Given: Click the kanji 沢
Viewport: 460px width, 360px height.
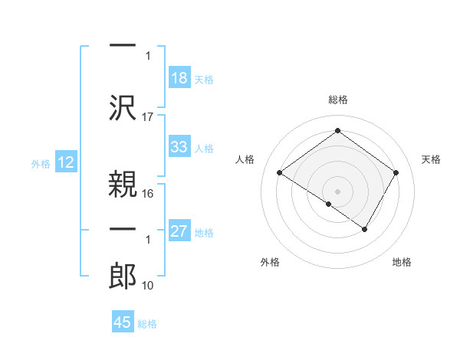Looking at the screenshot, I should (x=123, y=107).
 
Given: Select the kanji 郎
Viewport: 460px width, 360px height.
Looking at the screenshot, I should (x=123, y=275).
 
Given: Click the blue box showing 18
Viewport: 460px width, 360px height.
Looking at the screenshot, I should (x=179, y=77).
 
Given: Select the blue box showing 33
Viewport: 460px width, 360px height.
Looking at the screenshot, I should (x=179, y=147).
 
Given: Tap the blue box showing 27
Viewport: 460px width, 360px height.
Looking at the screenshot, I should (x=179, y=231).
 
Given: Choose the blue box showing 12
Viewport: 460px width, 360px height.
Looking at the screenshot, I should (x=65, y=162).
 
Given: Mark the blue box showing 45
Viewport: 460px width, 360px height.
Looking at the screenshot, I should (x=123, y=322).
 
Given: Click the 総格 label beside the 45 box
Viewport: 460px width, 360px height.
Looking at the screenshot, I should (x=147, y=324).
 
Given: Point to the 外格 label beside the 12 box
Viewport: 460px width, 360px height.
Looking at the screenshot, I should (x=41, y=163).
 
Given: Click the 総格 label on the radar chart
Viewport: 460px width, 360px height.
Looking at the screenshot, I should (x=337, y=100).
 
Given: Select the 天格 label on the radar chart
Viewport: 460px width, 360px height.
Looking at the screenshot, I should (x=431, y=159).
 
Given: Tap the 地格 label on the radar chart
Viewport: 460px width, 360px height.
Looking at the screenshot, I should (x=402, y=262).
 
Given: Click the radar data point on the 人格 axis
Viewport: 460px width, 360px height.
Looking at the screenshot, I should (x=280, y=173).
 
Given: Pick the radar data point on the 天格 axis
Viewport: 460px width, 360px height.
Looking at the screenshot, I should (x=396, y=173).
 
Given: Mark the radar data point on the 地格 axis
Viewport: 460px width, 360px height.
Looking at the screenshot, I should (x=365, y=229).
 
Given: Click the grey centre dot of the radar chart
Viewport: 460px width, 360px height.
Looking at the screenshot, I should (x=337, y=190).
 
